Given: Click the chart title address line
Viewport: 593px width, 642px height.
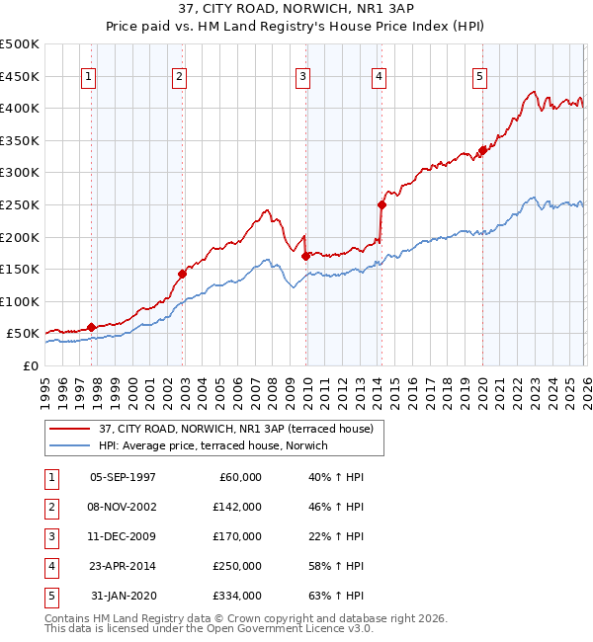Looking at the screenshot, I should pos(296,10).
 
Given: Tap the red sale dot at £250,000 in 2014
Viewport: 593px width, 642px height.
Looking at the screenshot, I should pos(381,204).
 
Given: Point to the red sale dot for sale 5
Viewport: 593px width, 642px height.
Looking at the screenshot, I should pos(482,150).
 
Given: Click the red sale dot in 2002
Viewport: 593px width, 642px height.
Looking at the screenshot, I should pos(182,274).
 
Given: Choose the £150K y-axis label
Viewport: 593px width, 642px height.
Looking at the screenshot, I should pos(21,269).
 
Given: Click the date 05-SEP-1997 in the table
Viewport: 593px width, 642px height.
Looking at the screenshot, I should pos(123,477).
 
